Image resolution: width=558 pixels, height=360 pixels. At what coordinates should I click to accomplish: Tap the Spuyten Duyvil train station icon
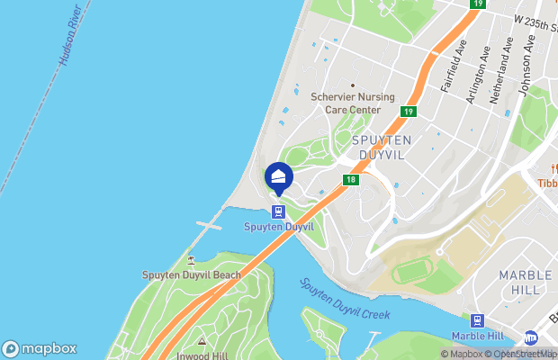click(278, 212)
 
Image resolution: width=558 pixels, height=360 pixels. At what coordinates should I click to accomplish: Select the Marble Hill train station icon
click(477, 320)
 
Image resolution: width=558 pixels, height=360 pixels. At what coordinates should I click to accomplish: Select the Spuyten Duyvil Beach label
click(192, 274)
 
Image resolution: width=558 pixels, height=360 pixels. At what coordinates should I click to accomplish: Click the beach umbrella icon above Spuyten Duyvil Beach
click(191, 260)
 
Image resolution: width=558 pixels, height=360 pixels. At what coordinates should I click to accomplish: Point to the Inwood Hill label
click(201, 355)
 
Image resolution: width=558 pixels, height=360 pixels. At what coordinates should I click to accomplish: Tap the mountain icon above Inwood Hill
click(202, 341)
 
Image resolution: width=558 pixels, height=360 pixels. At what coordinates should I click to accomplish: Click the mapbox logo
click(40, 349)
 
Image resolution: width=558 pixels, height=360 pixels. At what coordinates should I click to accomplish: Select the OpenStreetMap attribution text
click(521, 354)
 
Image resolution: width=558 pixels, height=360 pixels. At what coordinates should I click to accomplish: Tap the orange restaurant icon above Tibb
click(548, 168)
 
